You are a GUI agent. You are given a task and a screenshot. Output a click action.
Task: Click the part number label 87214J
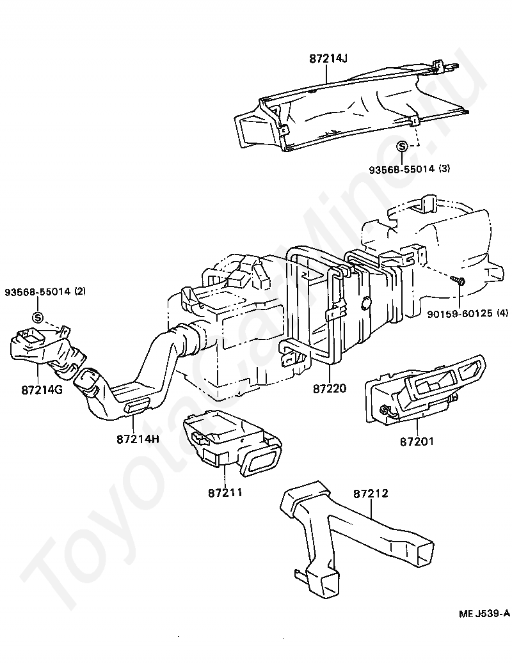click(328, 59)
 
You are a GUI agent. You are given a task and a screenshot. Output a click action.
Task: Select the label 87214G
click(42, 389)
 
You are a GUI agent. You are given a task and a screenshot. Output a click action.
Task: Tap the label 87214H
click(138, 439)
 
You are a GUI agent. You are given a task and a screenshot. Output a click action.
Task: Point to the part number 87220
click(330, 388)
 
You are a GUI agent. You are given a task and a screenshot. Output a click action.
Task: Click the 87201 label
click(417, 441)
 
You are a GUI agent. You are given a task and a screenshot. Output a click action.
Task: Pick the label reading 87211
click(225, 493)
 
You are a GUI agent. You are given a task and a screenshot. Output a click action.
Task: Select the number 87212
click(371, 494)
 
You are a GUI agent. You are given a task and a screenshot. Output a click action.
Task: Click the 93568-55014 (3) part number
click(409, 169)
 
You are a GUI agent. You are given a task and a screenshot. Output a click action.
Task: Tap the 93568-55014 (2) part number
click(45, 292)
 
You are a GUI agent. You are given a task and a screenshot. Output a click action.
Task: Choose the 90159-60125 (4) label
click(467, 313)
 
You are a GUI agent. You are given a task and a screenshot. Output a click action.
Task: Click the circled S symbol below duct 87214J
click(402, 146)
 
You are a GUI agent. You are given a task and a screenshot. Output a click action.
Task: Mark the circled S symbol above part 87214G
click(38, 317)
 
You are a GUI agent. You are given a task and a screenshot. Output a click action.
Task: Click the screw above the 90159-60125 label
click(458, 280)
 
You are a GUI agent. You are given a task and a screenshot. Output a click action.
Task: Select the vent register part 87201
click(424, 388)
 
